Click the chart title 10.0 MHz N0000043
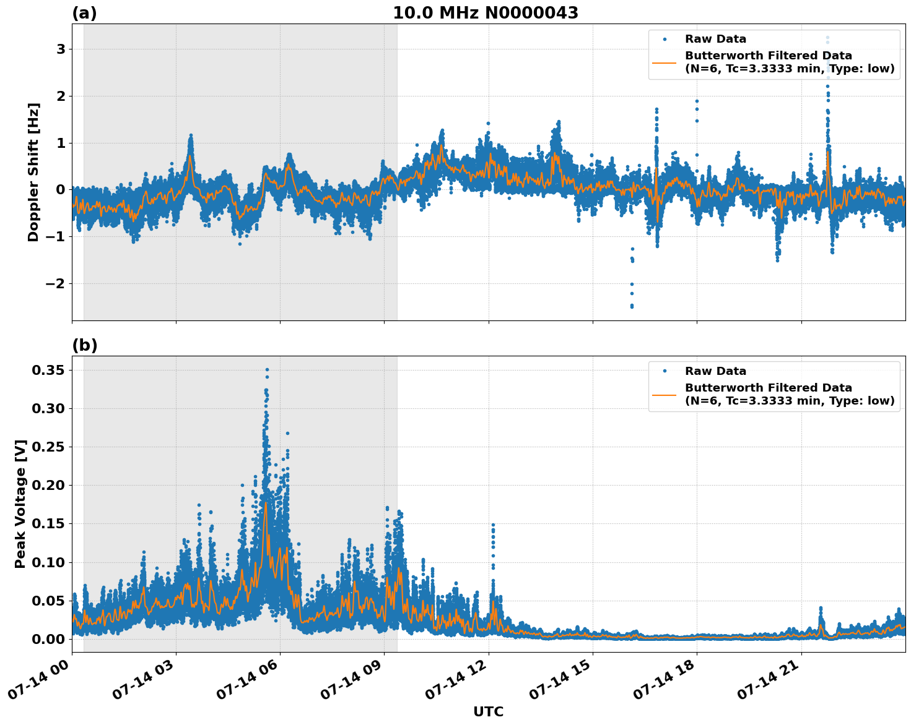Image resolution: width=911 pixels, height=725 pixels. (486, 13)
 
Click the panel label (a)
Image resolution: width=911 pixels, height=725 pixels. (84, 13)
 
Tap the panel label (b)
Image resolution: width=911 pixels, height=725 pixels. (84, 345)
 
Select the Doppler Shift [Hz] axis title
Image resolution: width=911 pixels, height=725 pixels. (33, 172)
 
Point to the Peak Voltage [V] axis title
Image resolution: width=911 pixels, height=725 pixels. (20, 504)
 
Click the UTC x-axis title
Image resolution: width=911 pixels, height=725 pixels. (488, 711)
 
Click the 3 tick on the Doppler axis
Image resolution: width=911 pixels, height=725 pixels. (61, 49)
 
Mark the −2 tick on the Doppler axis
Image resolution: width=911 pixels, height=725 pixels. (54, 283)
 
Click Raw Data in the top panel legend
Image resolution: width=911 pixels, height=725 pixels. (715, 39)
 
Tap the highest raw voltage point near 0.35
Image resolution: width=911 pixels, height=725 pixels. (267, 370)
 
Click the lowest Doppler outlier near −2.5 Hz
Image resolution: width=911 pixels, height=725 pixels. (632, 306)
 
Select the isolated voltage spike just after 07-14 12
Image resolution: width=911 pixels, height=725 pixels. (493, 525)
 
